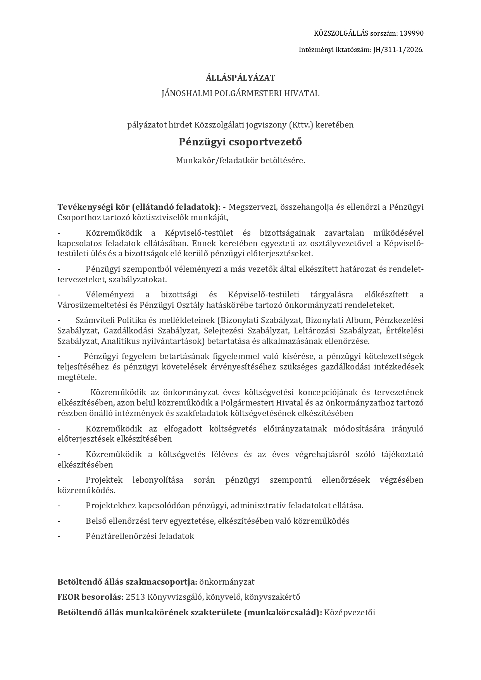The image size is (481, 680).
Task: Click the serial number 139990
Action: tap(411, 33)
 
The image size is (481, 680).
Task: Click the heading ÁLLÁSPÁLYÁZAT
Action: tap(240, 78)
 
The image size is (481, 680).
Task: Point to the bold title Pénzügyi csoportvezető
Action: tap(240, 142)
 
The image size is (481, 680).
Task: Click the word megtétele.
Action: tap(77, 377)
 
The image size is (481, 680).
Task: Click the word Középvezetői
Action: tap(350, 613)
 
